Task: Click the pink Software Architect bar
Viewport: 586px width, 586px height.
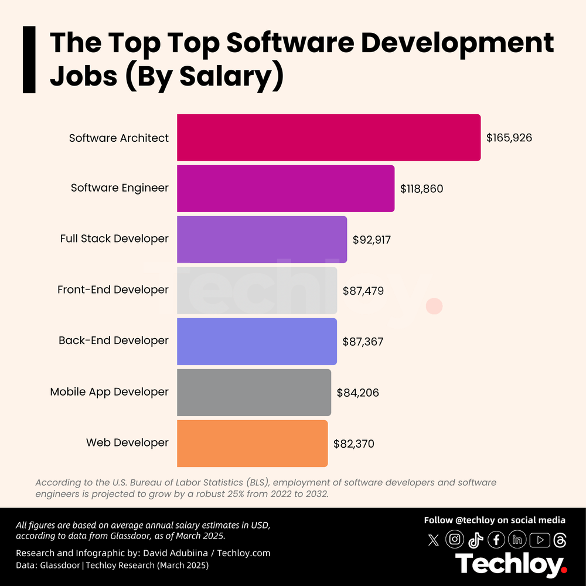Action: coord(328,137)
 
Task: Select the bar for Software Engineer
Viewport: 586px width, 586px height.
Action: coord(285,188)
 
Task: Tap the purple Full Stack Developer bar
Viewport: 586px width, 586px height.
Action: coord(261,239)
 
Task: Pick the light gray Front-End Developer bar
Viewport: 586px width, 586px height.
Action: coord(257,290)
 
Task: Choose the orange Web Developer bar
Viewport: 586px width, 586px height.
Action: coord(252,443)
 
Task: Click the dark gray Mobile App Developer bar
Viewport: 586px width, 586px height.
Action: coord(254,392)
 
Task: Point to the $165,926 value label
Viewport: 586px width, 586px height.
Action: coord(509,138)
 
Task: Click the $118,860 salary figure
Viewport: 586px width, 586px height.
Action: coord(421,189)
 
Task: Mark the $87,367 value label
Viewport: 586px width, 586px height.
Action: coord(363,342)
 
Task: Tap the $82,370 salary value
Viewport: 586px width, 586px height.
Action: coord(353,444)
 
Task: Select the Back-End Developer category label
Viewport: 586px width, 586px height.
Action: coord(113,340)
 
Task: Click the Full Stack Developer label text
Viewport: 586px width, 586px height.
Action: coord(114,239)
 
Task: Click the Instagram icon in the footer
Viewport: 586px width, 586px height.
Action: coord(455,539)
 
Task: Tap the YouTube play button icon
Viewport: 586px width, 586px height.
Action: coord(539,539)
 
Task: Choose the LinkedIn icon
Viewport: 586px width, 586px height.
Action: coord(517,539)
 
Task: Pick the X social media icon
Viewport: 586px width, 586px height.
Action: coord(434,540)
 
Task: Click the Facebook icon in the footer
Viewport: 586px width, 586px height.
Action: coord(496,539)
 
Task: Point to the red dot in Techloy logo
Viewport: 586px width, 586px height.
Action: coord(564,568)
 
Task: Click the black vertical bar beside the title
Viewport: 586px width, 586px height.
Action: coord(29,59)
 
